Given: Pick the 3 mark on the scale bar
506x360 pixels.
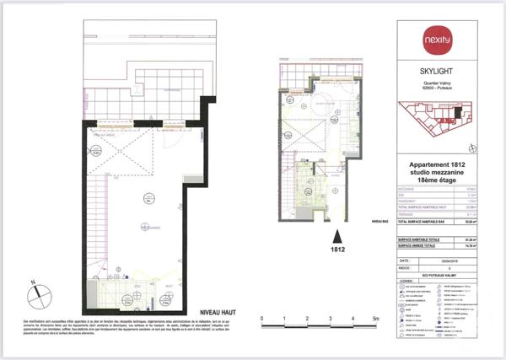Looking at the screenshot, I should click(x=331, y=318).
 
